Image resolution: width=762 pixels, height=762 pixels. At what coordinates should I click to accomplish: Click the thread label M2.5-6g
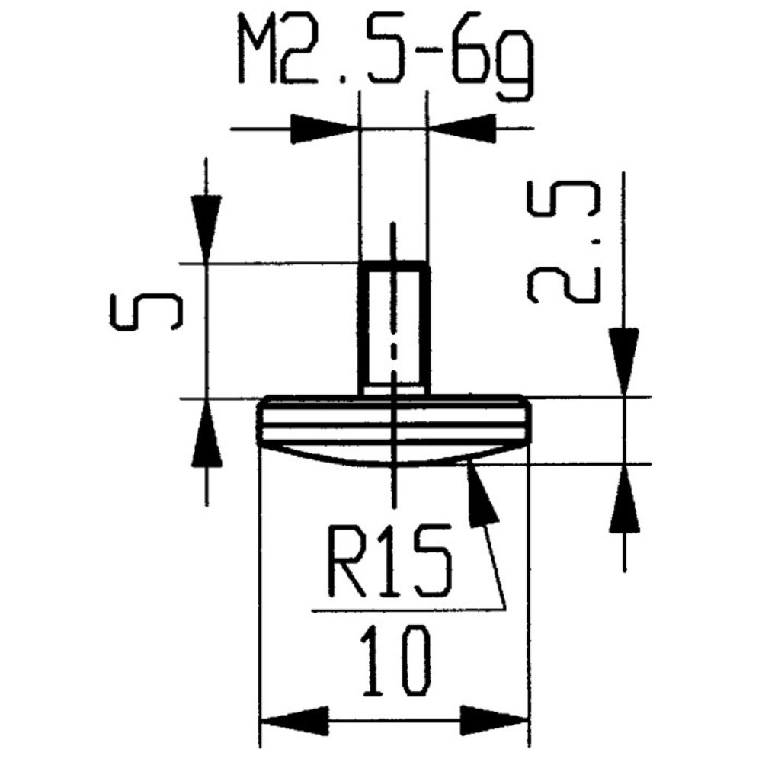tap(384, 50)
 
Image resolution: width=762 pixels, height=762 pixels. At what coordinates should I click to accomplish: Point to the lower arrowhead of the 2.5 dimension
tap(624, 499)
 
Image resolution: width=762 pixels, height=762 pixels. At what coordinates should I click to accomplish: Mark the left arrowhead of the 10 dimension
tap(293, 720)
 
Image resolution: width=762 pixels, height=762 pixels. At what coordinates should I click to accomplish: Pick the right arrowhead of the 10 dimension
tap(496, 720)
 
